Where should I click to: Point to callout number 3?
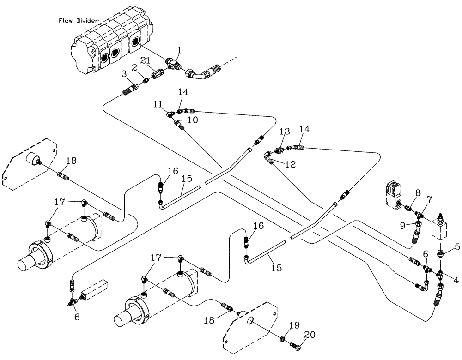[124, 74]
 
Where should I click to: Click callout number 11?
[158, 105]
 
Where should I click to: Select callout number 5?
[457, 247]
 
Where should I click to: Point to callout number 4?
[456, 279]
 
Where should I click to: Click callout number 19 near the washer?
[292, 325]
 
